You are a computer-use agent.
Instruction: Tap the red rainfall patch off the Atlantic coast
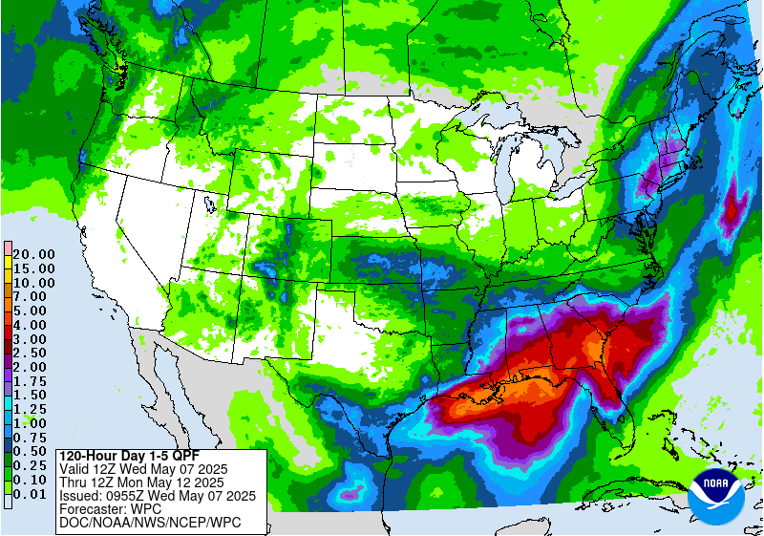tap(733, 204)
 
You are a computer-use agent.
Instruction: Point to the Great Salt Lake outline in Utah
tap(209, 204)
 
